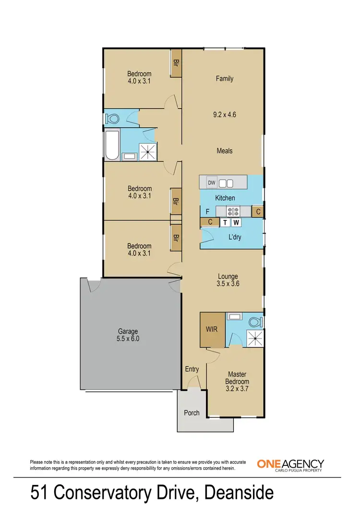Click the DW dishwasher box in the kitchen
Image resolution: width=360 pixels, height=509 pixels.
(212, 182)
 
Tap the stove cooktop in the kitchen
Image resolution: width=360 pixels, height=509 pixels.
(234, 211)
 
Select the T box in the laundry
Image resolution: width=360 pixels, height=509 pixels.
(225, 222)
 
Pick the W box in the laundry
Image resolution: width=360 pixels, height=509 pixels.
(236, 222)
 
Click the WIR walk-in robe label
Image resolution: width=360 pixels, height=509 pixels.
(212, 330)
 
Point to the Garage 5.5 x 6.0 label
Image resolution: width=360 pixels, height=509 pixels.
(128, 335)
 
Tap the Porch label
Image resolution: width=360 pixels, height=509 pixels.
(192, 413)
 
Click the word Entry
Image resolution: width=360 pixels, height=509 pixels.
(192, 369)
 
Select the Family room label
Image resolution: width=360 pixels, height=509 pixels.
(224, 78)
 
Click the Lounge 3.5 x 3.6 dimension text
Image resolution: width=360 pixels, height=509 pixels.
(228, 283)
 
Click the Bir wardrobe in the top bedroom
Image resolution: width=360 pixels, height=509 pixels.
(176, 63)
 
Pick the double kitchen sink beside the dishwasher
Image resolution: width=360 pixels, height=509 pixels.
(226, 182)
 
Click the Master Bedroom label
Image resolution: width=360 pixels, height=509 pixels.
(237, 377)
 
